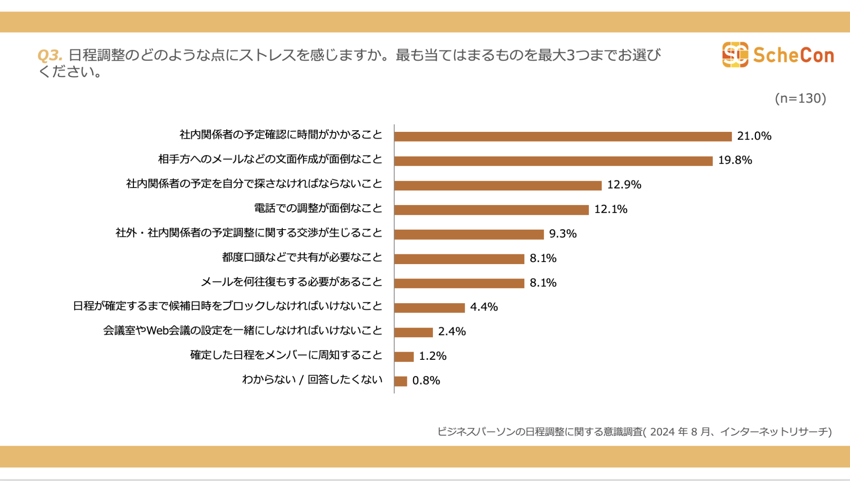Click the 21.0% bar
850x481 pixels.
[563, 136]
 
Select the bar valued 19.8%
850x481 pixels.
[553, 161]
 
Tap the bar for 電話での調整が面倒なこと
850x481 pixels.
[491, 210]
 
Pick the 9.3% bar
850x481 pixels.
[469, 234]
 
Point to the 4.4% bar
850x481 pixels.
[429, 307]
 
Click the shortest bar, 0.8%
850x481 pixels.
[401, 381]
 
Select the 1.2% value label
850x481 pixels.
[432, 356]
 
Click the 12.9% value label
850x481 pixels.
[624, 185]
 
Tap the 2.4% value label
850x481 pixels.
[452, 331]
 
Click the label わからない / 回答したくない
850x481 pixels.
[312, 379]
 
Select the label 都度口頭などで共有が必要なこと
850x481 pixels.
[302, 257]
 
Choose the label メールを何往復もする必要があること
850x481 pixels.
[291, 282]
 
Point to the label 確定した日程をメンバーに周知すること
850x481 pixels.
[286, 355]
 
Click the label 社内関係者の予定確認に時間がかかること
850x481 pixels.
[281, 135]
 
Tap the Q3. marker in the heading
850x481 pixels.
[50, 55]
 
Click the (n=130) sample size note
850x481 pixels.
[800, 98]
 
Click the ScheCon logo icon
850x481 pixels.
[735, 54]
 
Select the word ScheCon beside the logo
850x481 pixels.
[793, 55]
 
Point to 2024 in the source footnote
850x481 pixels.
[662, 432]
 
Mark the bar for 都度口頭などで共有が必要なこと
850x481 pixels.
[459, 259]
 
